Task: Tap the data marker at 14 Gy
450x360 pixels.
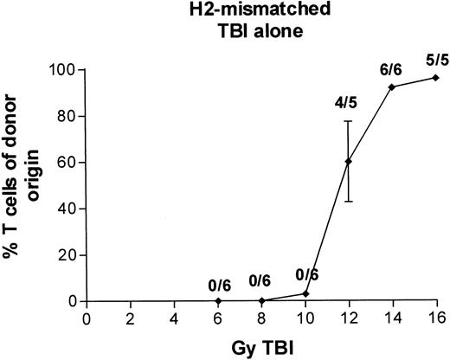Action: [x=392, y=87]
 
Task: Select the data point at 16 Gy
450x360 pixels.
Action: [x=436, y=78]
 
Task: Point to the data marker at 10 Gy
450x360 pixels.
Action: [x=305, y=294]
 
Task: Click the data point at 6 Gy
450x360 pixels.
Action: [x=218, y=301]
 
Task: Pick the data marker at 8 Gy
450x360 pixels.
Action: [x=261, y=301]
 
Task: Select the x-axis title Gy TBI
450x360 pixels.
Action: [x=259, y=344]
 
